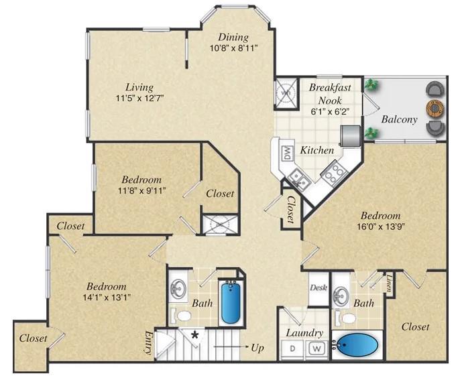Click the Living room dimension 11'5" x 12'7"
140,98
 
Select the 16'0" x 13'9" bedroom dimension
380,227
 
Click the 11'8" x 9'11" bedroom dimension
141,190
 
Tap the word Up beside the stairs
256,348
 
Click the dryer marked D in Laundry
293,349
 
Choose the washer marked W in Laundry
316,349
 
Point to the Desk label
317,288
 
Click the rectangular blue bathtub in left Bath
230,303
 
